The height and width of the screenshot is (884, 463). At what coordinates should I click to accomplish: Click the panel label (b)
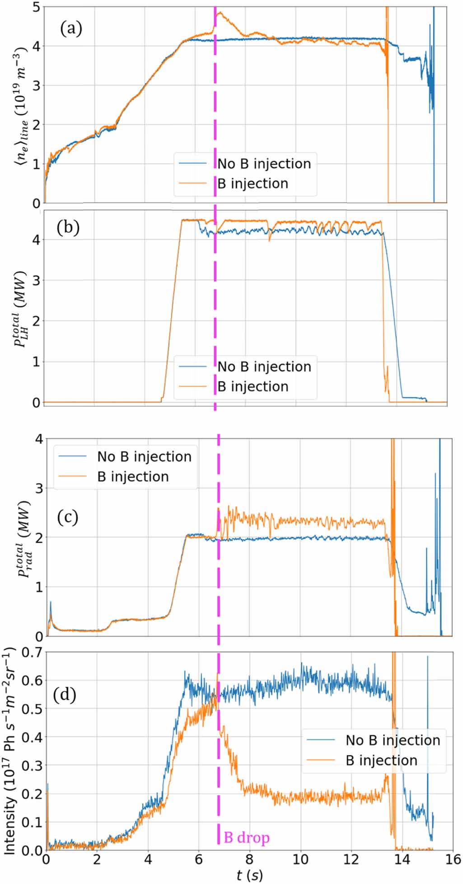click(x=68, y=227)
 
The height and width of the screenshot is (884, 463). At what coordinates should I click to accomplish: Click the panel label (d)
click(x=64, y=694)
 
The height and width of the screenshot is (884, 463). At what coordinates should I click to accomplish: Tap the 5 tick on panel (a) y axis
click(x=36, y=7)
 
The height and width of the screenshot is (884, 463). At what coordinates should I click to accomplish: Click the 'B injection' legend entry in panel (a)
click(x=253, y=183)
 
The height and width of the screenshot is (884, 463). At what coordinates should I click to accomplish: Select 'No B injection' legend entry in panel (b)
click(x=264, y=367)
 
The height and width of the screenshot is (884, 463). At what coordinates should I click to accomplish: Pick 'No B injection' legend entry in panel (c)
click(x=144, y=456)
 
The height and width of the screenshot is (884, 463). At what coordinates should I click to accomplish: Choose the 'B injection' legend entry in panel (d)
click(x=381, y=760)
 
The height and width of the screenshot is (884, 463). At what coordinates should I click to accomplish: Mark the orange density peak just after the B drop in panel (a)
click(x=220, y=13)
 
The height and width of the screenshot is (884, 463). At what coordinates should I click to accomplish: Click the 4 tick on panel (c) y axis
click(x=39, y=439)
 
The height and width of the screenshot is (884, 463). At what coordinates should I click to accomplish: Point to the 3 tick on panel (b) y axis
click(x=36, y=280)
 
